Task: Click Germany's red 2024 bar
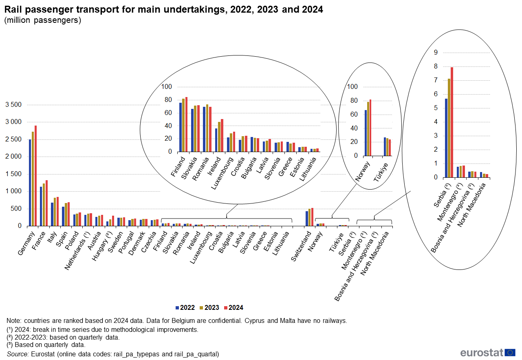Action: click(35, 175)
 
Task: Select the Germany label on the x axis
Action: click(26, 244)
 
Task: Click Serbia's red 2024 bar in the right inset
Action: click(452, 122)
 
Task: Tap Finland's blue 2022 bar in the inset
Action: click(181, 127)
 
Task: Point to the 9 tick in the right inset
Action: click(436, 52)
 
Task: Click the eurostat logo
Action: click(488, 353)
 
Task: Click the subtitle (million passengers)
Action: click(43, 20)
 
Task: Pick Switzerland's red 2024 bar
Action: click(312, 216)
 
